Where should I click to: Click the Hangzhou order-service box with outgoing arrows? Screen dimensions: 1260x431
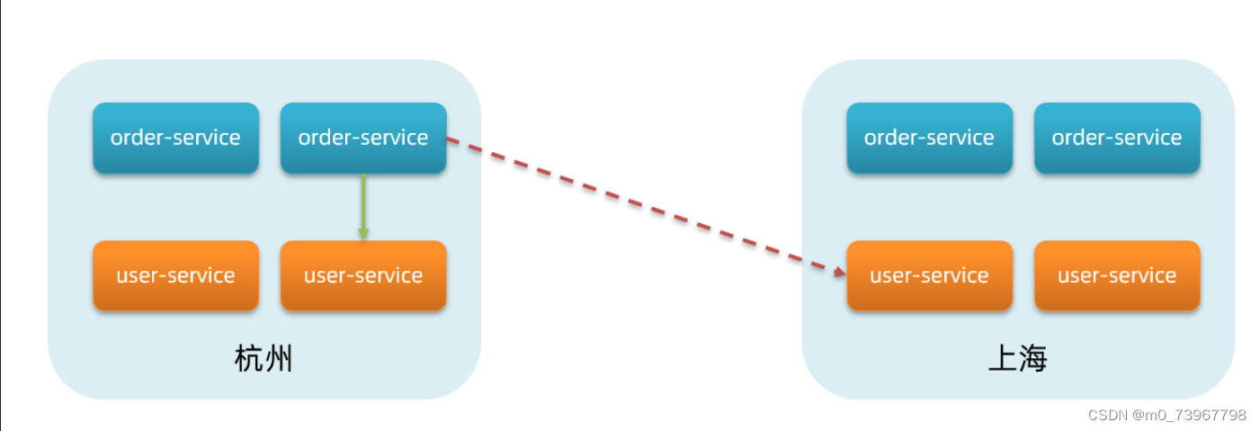363,138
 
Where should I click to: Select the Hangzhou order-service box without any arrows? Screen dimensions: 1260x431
175,138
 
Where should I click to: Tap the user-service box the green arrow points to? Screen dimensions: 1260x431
363,275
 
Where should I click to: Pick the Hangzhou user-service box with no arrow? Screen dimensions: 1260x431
175,275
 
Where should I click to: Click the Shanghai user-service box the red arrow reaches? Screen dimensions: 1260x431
929,275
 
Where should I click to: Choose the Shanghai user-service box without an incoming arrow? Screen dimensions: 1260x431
1117,275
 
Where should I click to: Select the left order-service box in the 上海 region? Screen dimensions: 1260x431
929,138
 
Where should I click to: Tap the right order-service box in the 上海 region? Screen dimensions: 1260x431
1117,138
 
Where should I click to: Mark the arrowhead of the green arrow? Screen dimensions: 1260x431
363,233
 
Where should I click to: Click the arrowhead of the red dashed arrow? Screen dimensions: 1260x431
837,270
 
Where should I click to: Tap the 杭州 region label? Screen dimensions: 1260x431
264,360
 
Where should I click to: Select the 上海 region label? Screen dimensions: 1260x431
1018,360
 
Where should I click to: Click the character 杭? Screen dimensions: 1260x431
249,360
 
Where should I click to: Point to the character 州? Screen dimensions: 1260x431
279,360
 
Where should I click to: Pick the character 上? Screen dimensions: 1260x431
1003,360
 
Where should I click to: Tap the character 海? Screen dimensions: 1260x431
1033,360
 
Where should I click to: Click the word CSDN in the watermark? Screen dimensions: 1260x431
1107,415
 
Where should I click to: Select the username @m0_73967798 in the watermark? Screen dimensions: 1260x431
1190,415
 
